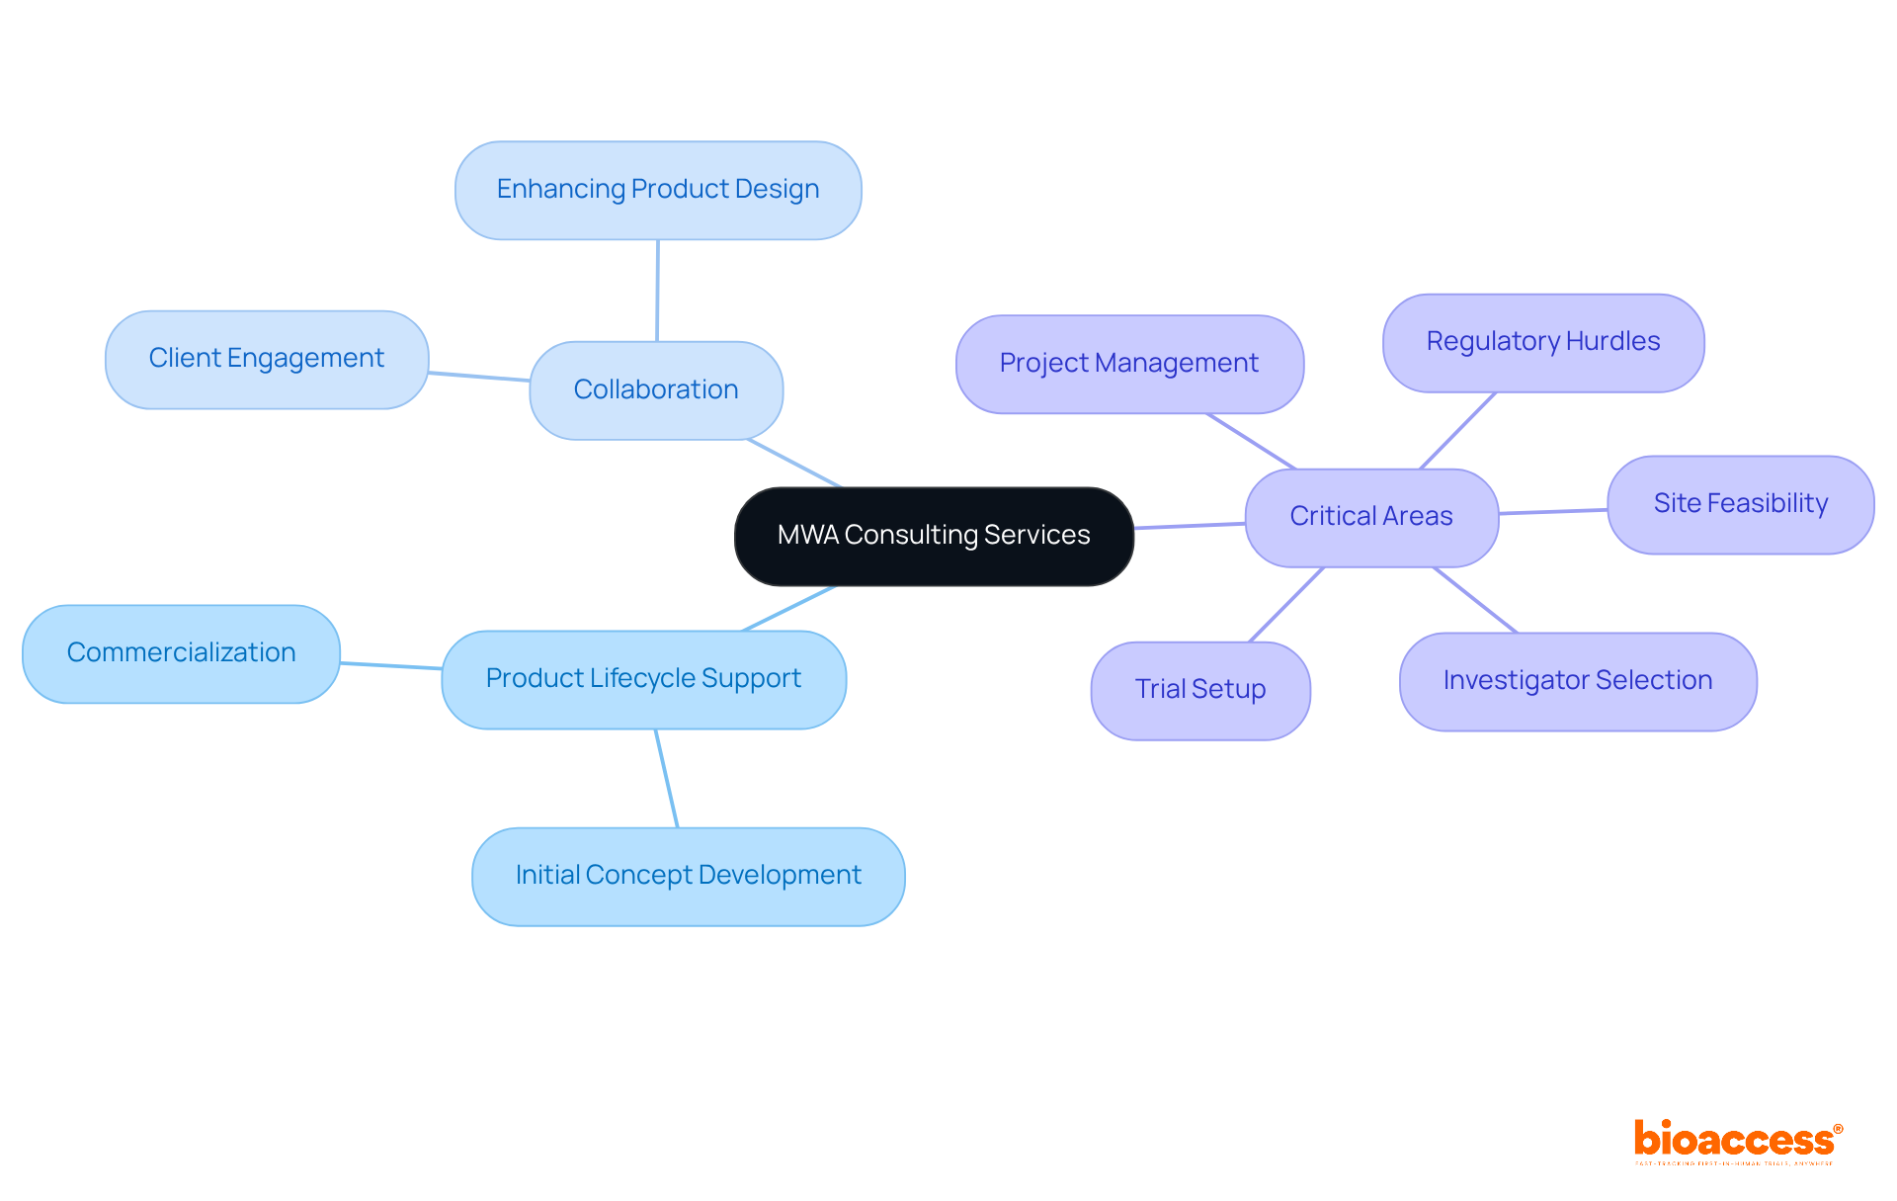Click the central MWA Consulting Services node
point(934,536)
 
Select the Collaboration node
point(656,390)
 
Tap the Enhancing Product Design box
point(658,190)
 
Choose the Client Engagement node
point(267,359)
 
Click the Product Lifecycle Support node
point(643,679)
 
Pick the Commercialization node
point(181,653)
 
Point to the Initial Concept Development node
point(688,876)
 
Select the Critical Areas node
point(1371,517)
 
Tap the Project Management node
point(1129,364)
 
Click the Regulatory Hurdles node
point(1542,342)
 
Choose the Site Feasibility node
point(1740,504)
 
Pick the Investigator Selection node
point(1577,681)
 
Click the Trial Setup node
point(1200,690)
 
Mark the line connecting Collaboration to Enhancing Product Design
point(657,291)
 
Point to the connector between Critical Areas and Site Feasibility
point(1553,511)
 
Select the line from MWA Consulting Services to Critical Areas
point(1190,525)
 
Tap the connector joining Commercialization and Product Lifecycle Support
point(391,665)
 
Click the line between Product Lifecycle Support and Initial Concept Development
point(667,778)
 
